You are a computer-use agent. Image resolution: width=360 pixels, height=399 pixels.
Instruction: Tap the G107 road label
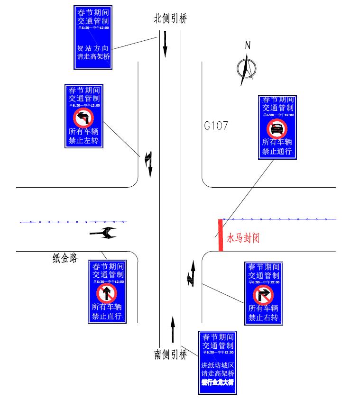pos(216,126)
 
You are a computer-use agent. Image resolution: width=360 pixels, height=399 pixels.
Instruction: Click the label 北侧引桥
pos(171,19)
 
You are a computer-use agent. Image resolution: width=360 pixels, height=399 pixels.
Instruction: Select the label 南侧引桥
pos(171,354)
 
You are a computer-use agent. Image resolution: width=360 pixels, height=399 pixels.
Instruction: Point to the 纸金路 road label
pos(65,258)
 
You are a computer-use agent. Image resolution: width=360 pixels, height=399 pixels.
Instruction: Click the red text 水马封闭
pos(243,237)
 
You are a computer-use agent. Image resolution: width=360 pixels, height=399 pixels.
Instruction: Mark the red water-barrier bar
pos(221,235)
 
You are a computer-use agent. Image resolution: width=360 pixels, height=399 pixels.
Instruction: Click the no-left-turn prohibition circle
pos(83,118)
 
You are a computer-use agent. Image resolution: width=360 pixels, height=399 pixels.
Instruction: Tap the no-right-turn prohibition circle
pos(263,295)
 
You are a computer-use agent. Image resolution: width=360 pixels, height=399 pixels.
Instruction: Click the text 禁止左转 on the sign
pos(83,141)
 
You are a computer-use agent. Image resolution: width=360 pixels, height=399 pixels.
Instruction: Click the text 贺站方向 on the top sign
pos(93,48)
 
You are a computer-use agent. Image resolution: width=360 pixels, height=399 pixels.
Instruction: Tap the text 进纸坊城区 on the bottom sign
pos(218,365)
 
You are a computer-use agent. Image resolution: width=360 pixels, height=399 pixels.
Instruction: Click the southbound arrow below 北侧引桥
pos(165,44)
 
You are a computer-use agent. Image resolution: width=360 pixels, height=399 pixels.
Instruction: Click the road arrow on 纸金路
pos(103,233)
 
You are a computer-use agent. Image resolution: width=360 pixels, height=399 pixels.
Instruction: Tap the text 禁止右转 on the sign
pos(263,317)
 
